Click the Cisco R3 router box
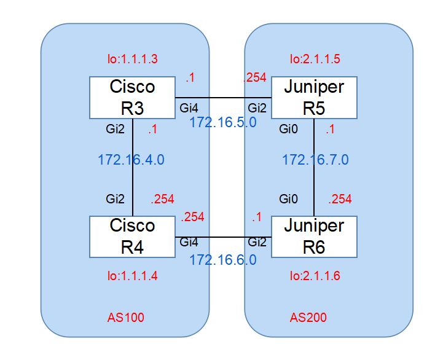pos(132,98)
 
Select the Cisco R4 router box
pos(132,237)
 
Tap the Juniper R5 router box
pos(314,98)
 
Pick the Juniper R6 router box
pos(314,237)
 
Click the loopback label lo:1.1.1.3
pos(133,60)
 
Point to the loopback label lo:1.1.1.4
pos(133,276)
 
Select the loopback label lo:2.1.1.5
pos(315,60)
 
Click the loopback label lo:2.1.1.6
pos(315,276)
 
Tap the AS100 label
pos(126,318)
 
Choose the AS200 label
pos(308,318)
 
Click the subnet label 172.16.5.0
pos(222,122)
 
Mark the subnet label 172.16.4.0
pos(131,160)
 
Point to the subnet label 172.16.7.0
pos(315,160)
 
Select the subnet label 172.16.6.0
pos(222,260)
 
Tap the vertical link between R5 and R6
pos(315,166)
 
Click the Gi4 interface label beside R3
pos(189,109)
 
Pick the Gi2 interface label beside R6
pos(257,242)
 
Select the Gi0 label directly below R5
pos(289,130)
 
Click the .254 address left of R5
pos(255,77)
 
